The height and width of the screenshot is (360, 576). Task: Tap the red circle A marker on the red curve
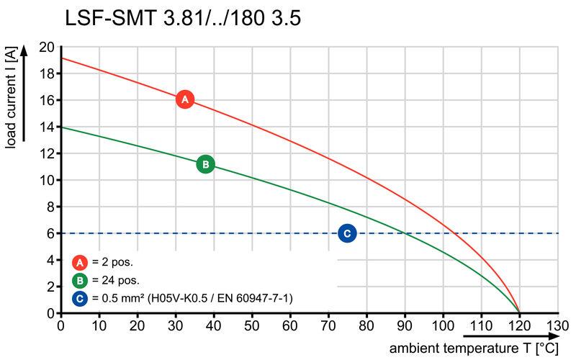pos(184,99)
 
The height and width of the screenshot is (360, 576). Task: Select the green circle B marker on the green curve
pos(205,164)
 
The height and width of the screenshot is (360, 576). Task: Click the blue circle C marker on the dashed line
pos(347,233)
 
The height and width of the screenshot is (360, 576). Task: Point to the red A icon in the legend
pos(80,262)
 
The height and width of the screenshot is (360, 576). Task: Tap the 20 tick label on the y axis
pos(47,47)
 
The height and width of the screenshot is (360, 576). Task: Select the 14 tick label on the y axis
pos(47,127)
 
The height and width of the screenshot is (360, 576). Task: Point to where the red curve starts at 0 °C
pos(61,58)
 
